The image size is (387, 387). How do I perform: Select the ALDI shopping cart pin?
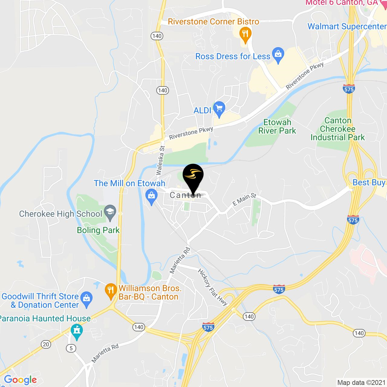coord(219,109)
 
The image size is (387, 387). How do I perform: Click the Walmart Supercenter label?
coord(346,26)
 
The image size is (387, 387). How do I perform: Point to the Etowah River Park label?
coord(277,126)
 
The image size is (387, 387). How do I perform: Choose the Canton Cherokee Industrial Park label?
coord(338,129)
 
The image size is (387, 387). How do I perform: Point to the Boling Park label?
coord(98,230)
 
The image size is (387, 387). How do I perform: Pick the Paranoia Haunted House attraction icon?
coord(76,330)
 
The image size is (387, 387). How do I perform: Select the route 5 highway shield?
coord(71,348)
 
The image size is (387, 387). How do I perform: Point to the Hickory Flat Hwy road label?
coord(213,287)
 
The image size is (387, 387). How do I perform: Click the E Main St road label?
coord(244,200)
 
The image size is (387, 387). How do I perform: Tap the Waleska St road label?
coord(160,161)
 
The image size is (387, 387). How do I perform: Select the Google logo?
coord(20,380)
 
